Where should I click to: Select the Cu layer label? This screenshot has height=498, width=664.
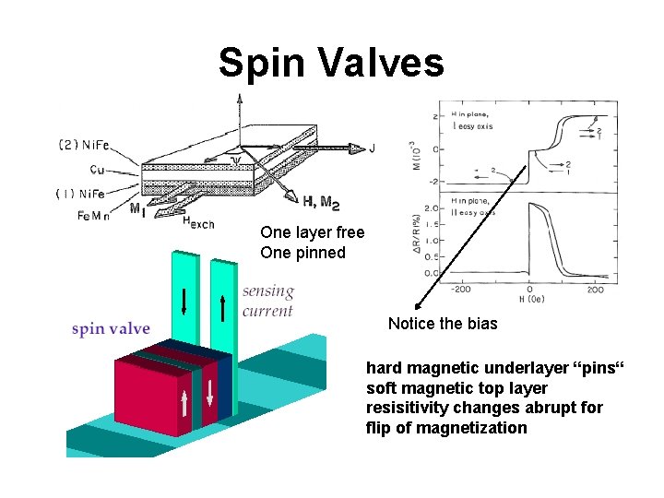coord(100,169)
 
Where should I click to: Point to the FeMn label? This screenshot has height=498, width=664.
coord(92,216)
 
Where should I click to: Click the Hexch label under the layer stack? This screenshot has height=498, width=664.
coord(197,221)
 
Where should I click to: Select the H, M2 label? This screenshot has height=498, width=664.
coord(321,202)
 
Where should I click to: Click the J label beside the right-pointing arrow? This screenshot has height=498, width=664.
coord(372,148)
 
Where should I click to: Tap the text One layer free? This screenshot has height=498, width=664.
coord(313,232)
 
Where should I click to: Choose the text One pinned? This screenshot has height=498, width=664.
coord(302,253)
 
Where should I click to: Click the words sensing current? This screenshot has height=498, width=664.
coord(267,301)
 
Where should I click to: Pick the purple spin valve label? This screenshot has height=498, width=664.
coord(111,329)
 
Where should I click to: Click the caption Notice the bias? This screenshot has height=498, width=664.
coord(443,323)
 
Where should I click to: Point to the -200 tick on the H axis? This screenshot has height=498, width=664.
coord(460,289)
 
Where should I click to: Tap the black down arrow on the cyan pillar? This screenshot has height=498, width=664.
coord(184,301)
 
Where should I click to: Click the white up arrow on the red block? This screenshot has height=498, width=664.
coord(184,403)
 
